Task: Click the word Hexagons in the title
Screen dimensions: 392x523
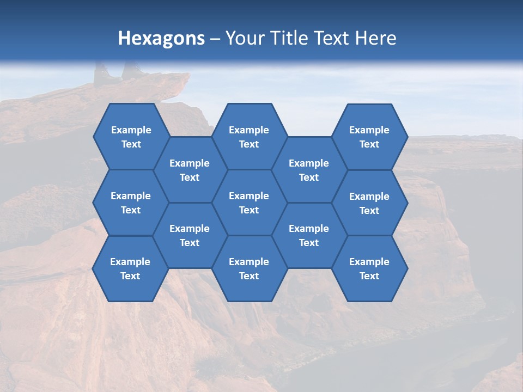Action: pos(161,38)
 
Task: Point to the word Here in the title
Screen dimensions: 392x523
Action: pos(376,38)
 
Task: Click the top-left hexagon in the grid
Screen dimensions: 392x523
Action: pos(131,137)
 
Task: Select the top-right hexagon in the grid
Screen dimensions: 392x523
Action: pos(369,137)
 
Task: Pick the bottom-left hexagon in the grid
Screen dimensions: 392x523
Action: pos(130,268)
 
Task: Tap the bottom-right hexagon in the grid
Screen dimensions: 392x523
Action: pos(369,268)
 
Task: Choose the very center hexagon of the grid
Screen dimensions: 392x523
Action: pos(249,203)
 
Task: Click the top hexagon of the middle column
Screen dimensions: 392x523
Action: pos(249,137)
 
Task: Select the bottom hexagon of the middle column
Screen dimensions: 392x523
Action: pos(249,268)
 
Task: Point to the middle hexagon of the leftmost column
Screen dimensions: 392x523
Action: pos(131,203)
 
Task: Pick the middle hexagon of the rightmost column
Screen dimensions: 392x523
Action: pos(369,203)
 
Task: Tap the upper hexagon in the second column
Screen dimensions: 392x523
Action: pos(190,170)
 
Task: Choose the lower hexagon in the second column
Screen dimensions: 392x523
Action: pos(190,236)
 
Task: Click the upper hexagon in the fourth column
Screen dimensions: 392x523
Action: pos(309,170)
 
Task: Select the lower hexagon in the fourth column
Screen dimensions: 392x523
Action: pos(309,236)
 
